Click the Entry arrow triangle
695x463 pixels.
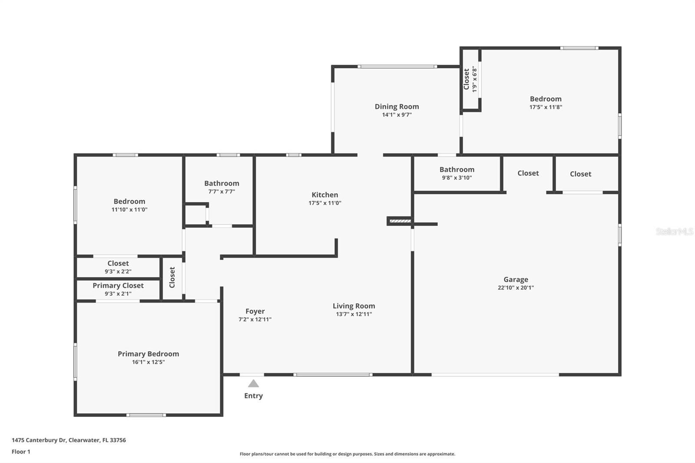tap(253, 384)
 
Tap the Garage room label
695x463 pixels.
tap(516, 279)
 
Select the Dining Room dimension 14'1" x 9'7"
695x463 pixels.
tap(397, 115)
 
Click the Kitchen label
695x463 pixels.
tap(324, 195)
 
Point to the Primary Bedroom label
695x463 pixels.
tap(148, 354)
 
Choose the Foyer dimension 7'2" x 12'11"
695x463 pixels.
tap(255, 319)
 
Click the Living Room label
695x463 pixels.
tap(354, 306)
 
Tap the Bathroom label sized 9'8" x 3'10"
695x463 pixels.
tap(457, 169)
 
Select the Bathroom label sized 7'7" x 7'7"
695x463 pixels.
tap(222, 183)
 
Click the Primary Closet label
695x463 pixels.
tap(118, 285)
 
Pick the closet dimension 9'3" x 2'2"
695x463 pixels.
tap(118, 271)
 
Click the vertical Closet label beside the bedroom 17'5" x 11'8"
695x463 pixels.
tap(467, 79)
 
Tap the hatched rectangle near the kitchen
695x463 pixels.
tap(400, 221)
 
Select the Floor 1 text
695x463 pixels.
tap(21, 452)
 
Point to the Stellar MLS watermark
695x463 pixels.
tap(674, 231)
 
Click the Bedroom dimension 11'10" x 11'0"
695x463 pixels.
tap(129, 209)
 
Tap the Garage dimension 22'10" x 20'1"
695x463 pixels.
tap(516, 288)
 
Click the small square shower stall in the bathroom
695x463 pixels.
tap(195, 215)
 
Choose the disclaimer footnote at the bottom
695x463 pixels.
tap(347, 454)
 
